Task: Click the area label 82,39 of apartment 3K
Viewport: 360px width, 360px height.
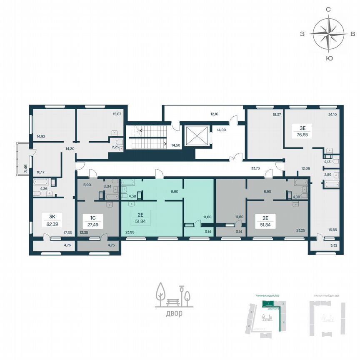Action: (52, 224)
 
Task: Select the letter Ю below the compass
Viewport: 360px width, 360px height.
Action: (329, 58)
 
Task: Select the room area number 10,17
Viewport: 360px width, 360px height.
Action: (40, 171)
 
